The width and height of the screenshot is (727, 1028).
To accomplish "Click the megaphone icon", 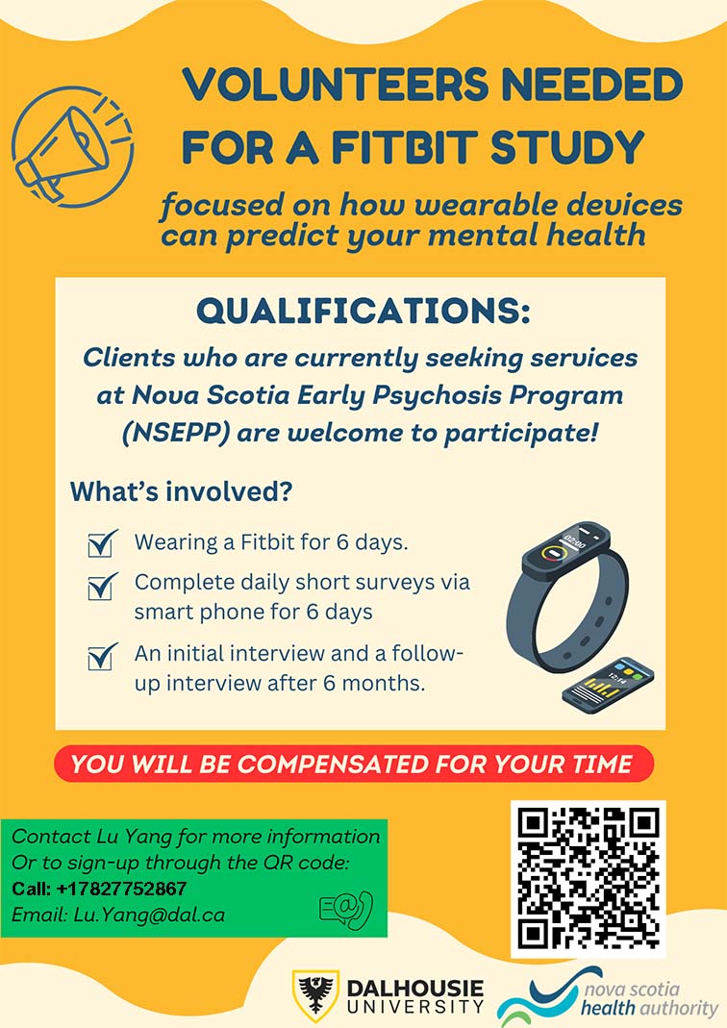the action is (x=72, y=147).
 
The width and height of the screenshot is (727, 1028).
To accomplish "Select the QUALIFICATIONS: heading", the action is (x=363, y=310).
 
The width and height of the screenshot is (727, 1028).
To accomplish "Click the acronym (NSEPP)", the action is (x=175, y=434).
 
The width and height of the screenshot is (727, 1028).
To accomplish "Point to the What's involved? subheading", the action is (x=181, y=491).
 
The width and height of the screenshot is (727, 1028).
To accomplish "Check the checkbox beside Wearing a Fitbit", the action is (x=103, y=543).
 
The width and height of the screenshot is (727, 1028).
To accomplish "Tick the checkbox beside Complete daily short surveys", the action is (x=103, y=586).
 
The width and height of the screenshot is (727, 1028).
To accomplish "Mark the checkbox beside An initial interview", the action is (x=103, y=656).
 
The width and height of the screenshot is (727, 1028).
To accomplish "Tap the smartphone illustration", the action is (x=608, y=683).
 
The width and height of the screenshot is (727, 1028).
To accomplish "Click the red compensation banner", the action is (x=354, y=764).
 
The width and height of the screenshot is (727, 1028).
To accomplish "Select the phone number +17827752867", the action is (x=121, y=889).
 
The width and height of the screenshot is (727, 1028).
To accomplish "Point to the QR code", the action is (x=588, y=879).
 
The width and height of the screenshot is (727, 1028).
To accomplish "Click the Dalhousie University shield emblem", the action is (x=315, y=994).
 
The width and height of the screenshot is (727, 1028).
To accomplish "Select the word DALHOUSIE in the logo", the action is (x=415, y=989).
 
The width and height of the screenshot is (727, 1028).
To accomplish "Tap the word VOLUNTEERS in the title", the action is (x=336, y=86).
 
